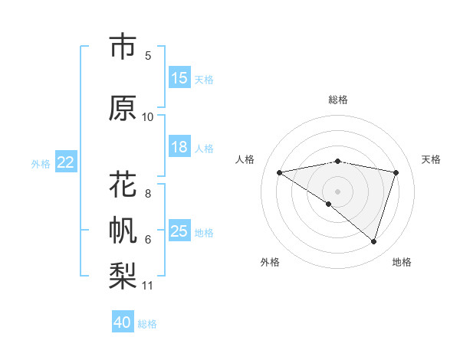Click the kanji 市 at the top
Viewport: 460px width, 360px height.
click(x=123, y=47)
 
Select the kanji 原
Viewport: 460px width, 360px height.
click(x=123, y=108)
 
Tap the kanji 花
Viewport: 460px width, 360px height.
click(x=123, y=185)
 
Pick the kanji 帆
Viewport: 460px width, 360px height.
click(x=123, y=229)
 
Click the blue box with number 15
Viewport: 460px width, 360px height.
click(x=179, y=78)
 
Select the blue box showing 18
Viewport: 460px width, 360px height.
click(x=179, y=148)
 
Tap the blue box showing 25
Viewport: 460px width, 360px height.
click(x=179, y=231)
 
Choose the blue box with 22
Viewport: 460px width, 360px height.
click(x=66, y=162)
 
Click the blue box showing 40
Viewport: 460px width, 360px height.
click(x=123, y=322)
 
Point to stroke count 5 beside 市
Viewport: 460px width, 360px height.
click(x=148, y=55)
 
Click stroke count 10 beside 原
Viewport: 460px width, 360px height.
click(x=148, y=116)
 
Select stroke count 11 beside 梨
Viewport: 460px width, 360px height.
click(x=148, y=286)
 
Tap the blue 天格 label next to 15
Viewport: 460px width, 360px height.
click(x=204, y=79)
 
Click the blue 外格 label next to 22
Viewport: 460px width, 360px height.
click(x=41, y=163)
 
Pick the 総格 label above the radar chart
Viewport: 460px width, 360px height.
click(x=337, y=100)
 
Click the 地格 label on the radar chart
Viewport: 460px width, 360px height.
click(x=402, y=262)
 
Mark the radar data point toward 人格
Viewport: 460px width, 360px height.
click(x=280, y=172)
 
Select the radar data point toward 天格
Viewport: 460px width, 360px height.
click(x=396, y=172)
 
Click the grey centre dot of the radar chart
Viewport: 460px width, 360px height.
click(x=337, y=191)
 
